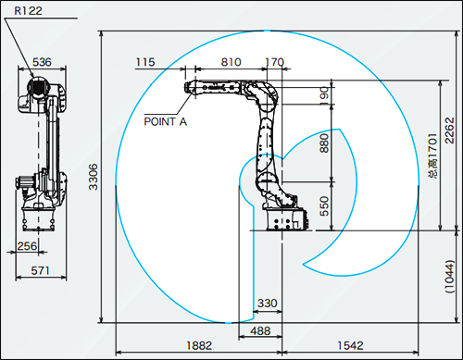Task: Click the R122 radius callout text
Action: click(x=28, y=11)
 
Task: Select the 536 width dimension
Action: click(x=42, y=62)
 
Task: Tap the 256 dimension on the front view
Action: click(x=27, y=246)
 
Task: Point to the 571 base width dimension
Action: click(x=40, y=270)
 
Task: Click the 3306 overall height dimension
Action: click(x=94, y=177)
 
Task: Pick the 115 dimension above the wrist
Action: click(x=145, y=62)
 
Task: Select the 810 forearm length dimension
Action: click(x=231, y=62)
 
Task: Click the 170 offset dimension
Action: click(x=274, y=62)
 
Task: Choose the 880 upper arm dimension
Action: click(x=324, y=143)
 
